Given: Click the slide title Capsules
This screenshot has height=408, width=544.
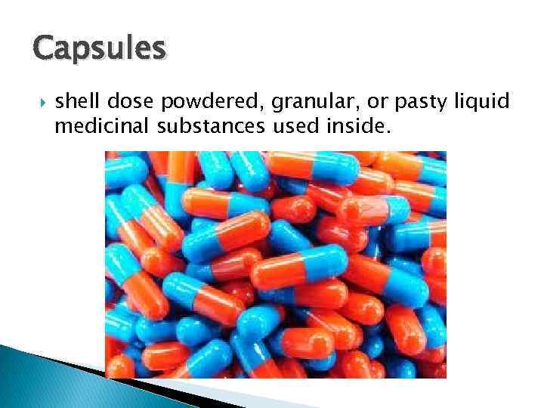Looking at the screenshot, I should [99, 49].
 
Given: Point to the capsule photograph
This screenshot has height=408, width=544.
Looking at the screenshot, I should [275, 264].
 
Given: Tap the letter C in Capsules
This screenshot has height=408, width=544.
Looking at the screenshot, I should [44, 48].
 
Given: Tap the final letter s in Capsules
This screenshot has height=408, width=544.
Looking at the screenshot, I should [157, 49].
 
